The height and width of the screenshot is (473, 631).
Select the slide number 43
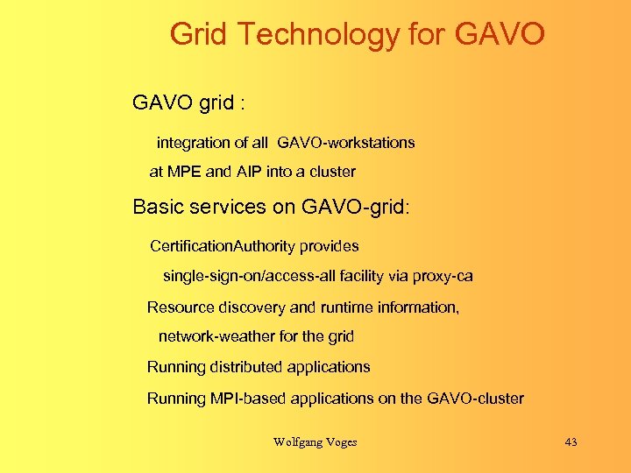[x=571, y=442]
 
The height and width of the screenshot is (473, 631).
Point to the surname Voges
[x=341, y=442]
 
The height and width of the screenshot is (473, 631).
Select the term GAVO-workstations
[x=346, y=142]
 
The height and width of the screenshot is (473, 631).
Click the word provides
[x=330, y=246]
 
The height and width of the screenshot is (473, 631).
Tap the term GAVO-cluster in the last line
[x=475, y=399]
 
